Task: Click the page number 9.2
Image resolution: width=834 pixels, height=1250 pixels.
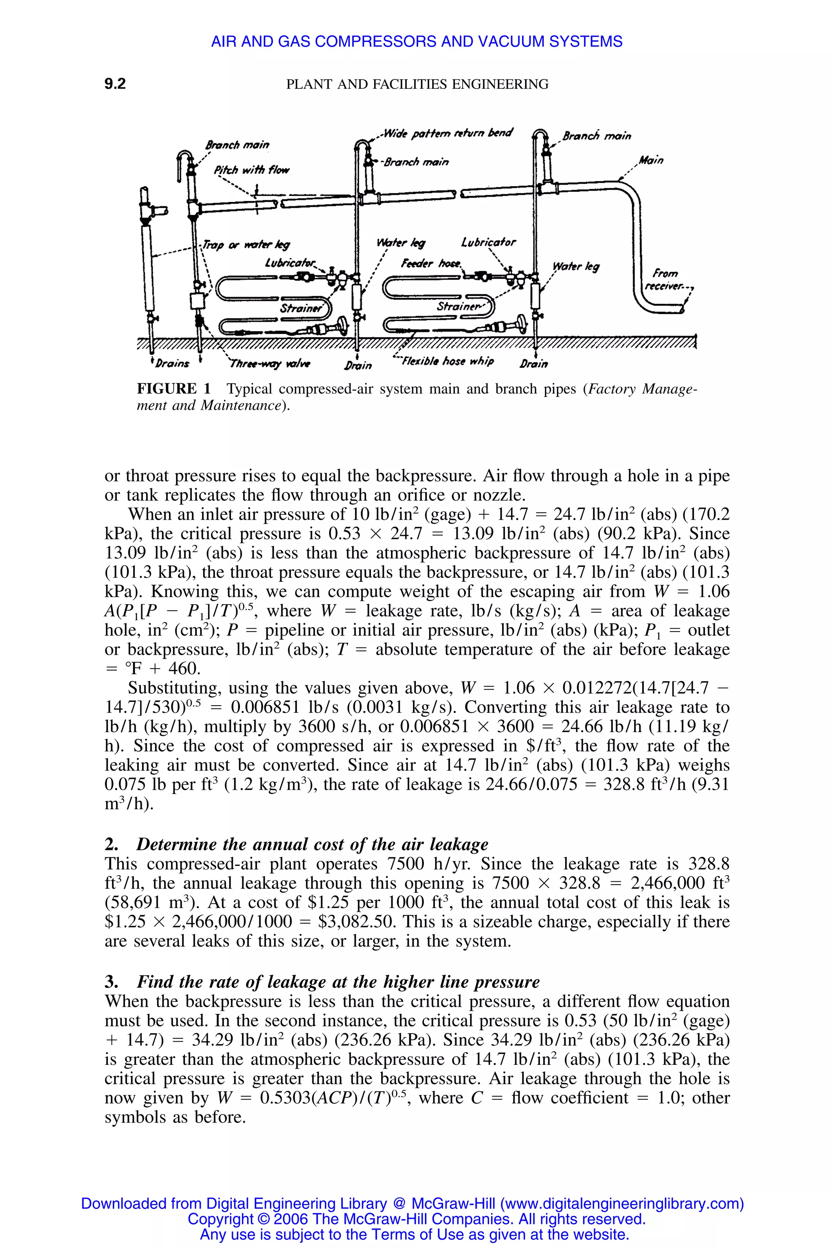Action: point(115,84)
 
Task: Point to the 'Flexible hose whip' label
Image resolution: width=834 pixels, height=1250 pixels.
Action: point(447,361)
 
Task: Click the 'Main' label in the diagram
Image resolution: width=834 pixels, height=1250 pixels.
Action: point(651,160)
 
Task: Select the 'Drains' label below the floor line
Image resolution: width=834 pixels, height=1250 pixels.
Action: point(172,363)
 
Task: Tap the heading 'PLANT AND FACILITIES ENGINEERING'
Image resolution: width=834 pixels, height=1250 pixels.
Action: point(417,84)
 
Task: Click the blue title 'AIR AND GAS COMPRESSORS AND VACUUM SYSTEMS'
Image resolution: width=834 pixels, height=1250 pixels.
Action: point(417,42)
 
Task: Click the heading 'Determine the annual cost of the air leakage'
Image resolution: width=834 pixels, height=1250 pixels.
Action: point(312,844)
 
